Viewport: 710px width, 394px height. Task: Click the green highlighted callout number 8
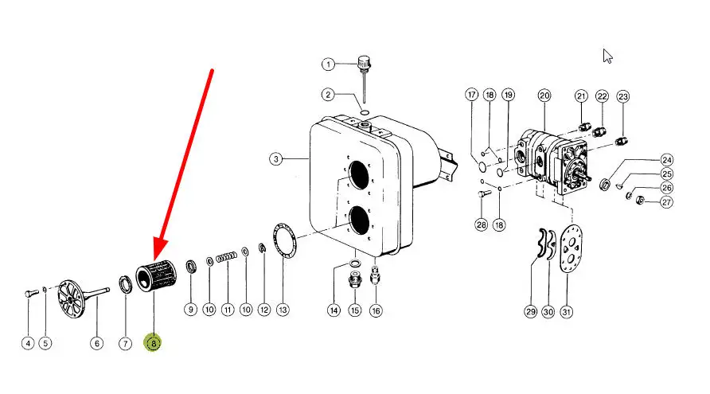tap(153, 343)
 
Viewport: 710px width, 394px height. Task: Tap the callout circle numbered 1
tap(328, 64)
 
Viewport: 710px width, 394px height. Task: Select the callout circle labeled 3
tap(275, 159)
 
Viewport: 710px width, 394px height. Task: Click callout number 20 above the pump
tap(544, 96)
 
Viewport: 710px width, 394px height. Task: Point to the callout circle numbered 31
tap(566, 311)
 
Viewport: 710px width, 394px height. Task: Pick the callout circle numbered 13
tap(283, 310)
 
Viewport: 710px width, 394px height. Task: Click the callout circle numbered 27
tap(666, 202)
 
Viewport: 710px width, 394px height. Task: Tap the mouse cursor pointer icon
tap(607, 57)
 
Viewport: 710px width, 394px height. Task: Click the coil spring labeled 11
tap(226, 257)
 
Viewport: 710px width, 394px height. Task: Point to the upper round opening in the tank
tap(359, 175)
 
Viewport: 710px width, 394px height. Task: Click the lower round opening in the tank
tap(359, 220)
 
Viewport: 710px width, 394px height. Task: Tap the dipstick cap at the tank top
tap(364, 63)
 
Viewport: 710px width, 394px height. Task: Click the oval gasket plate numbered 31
tap(571, 249)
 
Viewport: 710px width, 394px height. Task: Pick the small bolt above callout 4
tap(32, 294)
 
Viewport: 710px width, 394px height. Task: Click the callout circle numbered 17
tap(472, 95)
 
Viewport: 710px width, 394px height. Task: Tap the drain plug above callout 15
tap(355, 280)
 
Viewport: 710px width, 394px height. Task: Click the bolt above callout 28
tap(485, 193)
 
